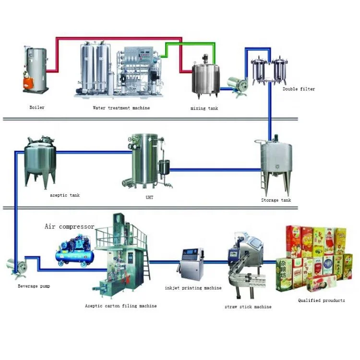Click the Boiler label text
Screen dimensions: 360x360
(37, 108)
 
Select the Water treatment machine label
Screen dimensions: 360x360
(121, 108)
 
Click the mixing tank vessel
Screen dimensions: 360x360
(204, 77)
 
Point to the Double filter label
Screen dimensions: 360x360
(299, 89)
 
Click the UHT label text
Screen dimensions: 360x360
(149, 198)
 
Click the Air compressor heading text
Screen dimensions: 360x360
(70, 227)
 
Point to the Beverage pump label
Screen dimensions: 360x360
(34, 286)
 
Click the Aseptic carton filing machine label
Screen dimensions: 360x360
(120, 306)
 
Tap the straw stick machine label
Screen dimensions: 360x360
(248, 307)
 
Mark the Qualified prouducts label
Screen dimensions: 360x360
(321, 300)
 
